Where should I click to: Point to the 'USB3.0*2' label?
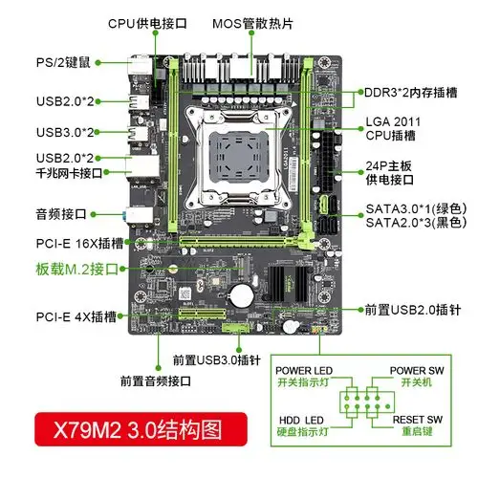click(66, 131)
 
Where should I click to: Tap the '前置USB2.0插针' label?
click(412, 311)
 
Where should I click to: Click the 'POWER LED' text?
click(302, 370)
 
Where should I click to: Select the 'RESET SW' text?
click(416, 417)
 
